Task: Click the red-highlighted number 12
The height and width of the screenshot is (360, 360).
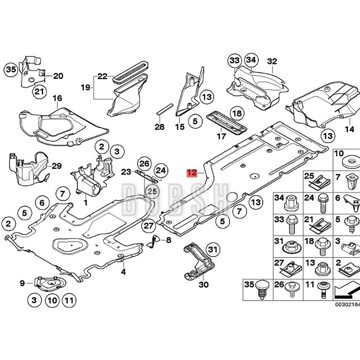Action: pos(192,172)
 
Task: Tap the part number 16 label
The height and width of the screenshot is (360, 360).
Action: pos(57,99)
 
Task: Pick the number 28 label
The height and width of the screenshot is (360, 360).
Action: pos(160,127)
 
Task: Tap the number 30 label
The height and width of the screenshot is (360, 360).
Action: pos(203,284)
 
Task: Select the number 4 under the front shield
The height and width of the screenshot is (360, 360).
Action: pos(122,272)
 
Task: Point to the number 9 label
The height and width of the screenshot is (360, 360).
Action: pos(22,283)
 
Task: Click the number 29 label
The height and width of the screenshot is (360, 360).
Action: pos(56,166)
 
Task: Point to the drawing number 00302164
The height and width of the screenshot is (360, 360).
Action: pos(346,304)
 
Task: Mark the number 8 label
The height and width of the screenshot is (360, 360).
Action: pos(169,240)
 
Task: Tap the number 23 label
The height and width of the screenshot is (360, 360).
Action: pos(126,171)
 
